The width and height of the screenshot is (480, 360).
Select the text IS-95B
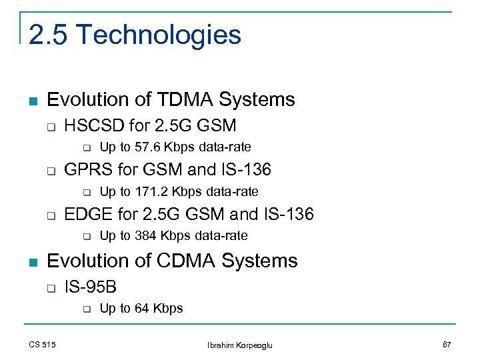90,287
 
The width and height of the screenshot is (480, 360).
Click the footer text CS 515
42,344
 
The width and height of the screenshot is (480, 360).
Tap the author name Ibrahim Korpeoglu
240,345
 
